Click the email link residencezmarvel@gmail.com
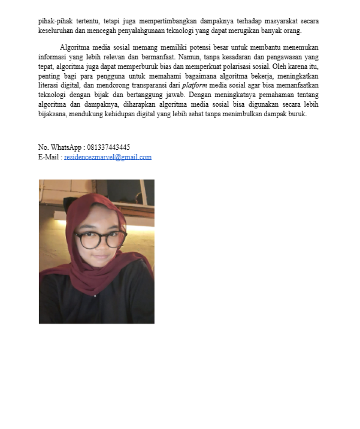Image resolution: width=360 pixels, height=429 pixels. tap(108, 157)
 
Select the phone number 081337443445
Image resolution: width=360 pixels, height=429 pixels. tap(108, 147)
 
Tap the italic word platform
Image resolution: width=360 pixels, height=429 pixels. tap(194, 85)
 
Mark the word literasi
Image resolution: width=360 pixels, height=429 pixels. tap(47, 85)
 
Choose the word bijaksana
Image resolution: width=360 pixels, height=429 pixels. tap(52, 114)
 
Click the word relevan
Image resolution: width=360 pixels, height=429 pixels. tap(115, 57)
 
